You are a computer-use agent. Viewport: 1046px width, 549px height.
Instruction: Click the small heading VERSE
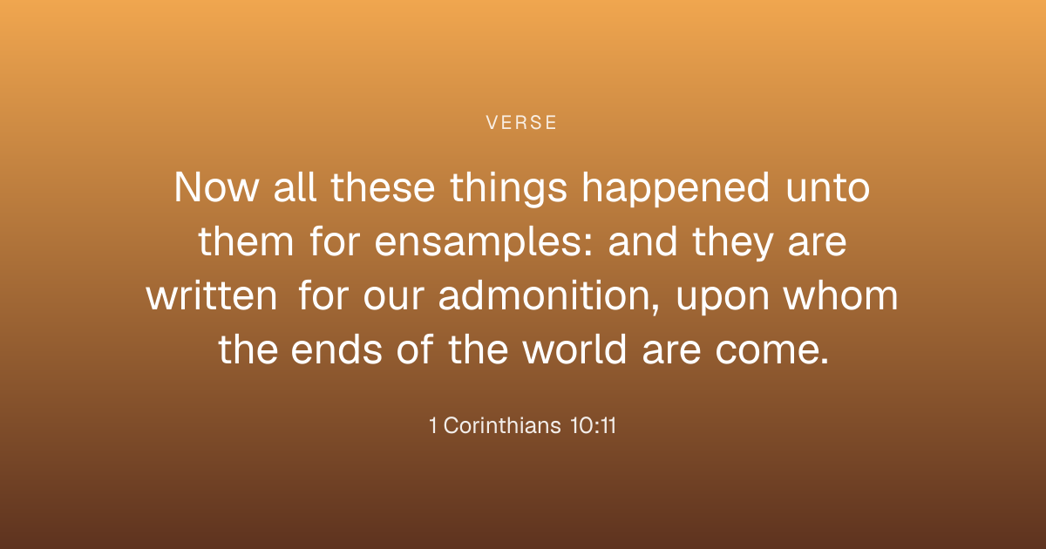pos(521,123)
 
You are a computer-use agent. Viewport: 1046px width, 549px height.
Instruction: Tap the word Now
pos(216,187)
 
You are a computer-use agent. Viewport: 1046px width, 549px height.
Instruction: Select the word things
pos(508,188)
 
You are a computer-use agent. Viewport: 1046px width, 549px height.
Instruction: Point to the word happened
pos(676,188)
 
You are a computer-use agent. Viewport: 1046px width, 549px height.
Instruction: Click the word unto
pos(828,188)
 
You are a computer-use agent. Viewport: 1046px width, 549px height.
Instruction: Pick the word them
pos(246,241)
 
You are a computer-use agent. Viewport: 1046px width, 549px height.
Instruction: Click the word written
pos(212,295)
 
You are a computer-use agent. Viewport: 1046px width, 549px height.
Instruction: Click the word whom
pos(840,295)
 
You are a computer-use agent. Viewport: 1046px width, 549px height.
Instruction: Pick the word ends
pos(336,349)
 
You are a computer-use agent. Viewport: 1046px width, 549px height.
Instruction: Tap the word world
pos(574,349)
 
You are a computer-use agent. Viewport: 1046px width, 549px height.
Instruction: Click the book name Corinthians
pos(502,426)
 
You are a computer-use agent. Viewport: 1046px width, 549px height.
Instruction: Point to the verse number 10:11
pos(593,426)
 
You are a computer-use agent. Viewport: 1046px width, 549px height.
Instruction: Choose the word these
pos(383,187)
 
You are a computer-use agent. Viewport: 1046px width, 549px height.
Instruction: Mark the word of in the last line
pos(415,349)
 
